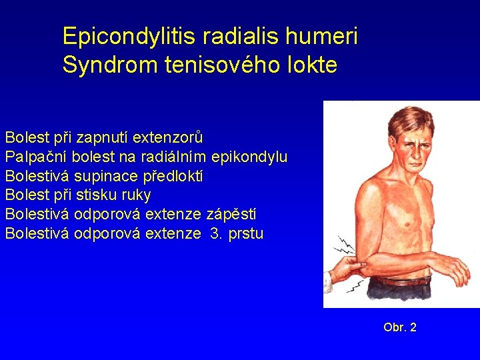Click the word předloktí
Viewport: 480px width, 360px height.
point(169,177)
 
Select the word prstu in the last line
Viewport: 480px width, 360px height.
point(245,234)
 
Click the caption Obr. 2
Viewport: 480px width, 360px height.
point(400,327)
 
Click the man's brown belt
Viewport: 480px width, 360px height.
point(400,280)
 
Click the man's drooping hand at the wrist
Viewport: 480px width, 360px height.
point(460,270)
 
